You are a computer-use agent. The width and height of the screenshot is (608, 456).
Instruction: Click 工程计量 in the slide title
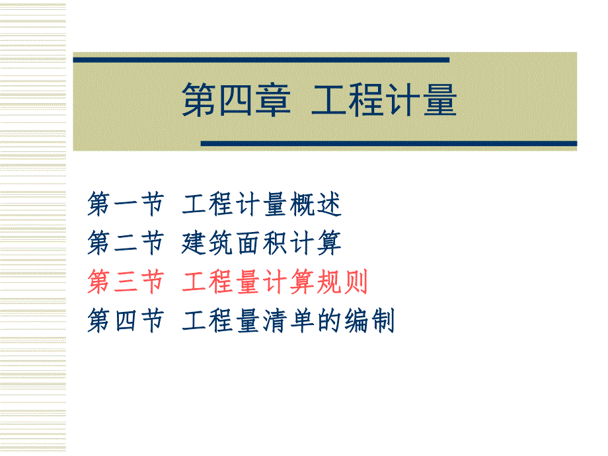(x=384, y=101)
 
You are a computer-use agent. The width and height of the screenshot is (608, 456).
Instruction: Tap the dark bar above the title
(x=261, y=60)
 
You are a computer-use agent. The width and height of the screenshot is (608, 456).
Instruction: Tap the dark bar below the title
(x=388, y=143)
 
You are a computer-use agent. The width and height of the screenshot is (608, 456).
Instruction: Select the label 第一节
(x=126, y=206)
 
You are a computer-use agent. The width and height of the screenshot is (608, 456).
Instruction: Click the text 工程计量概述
(x=262, y=206)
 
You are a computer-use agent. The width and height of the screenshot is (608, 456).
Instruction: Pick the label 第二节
(x=126, y=244)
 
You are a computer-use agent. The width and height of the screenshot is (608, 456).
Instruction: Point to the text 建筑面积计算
(x=262, y=244)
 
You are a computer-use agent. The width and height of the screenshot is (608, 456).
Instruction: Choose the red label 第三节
(x=126, y=283)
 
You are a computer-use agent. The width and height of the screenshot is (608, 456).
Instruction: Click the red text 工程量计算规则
(x=275, y=283)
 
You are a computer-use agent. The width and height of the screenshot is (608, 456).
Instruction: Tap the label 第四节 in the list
(x=126, y=322)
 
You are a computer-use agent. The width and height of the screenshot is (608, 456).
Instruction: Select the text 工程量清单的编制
(x=288, y=322)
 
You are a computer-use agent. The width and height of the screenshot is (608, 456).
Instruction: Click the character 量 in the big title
(x=439, y=101)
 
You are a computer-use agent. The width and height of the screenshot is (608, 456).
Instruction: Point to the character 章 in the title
(x=273, y=101)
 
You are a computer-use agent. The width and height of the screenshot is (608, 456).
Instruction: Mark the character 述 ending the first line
(x=329, y=206)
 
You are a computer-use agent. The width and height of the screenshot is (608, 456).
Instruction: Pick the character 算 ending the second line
(x=329, y=244)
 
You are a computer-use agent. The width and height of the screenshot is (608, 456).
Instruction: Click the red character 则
(x=356, y=283)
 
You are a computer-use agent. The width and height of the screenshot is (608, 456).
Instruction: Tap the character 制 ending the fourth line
(x=382, y=322)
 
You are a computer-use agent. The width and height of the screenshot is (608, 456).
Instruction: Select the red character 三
(x=126, y=283)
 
